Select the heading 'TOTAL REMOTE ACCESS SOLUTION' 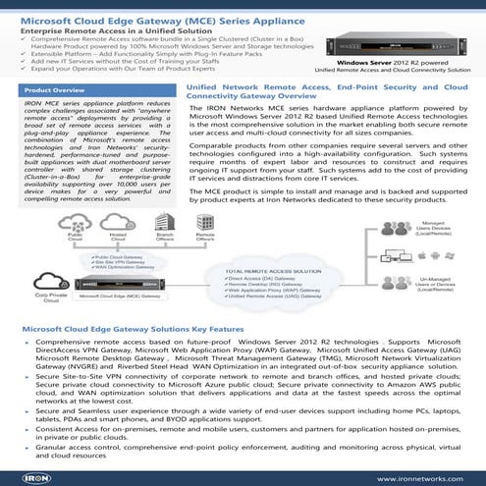point(276,243)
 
